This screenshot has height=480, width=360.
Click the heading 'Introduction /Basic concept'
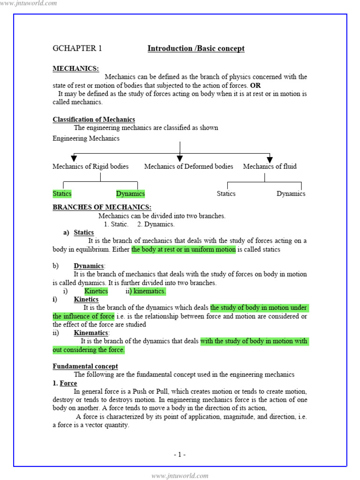coord(196,48)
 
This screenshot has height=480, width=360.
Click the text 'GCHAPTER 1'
coord(77,48)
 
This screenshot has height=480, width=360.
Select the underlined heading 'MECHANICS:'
coord(75,68)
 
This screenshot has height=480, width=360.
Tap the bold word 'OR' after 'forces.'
coord(255,85)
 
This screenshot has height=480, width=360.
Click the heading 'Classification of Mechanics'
coord(94,120)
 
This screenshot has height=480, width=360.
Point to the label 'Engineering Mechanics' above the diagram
coord(86,138)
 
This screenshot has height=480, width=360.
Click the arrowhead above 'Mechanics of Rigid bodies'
coord(74,158)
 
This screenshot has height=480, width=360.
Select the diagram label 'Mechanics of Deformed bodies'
coord(188,166)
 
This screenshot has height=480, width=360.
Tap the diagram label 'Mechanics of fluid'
coord(270,166)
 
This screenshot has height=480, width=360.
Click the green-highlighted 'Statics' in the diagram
coord(62,194)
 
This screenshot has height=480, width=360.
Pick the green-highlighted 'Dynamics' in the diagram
coord(130,194)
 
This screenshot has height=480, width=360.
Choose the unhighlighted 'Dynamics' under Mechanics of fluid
coord(291,194)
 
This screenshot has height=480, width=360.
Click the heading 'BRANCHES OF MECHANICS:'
coord(102,207)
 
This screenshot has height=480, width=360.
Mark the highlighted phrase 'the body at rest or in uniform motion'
coord(183,249)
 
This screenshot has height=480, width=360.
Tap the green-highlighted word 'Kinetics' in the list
coord(96,291)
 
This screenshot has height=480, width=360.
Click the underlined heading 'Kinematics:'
coord(91,333)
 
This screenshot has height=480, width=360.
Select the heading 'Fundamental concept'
coord(85,366)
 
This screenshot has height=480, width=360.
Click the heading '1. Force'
coord(65,383)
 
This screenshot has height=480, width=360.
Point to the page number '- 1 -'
coord(180,454)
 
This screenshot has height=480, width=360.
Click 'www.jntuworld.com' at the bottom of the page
coord(180,476)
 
